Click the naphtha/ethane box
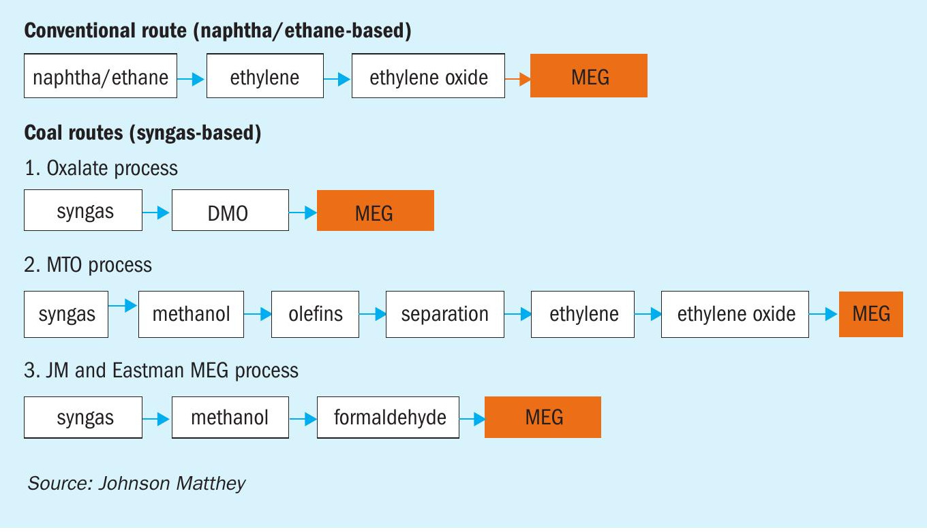101,76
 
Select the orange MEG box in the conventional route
589,76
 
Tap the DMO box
230,210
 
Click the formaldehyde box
389,418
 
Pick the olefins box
315,315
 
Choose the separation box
445,315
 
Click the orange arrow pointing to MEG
518,78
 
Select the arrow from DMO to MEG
303,213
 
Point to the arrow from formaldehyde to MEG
472,419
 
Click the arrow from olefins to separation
372,314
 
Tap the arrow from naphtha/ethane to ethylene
191,78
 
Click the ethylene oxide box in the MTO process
735,315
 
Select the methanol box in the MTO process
191,315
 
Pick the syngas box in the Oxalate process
83,210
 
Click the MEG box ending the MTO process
871,315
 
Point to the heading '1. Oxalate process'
101,168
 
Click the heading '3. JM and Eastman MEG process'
162,371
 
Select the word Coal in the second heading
43,133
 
